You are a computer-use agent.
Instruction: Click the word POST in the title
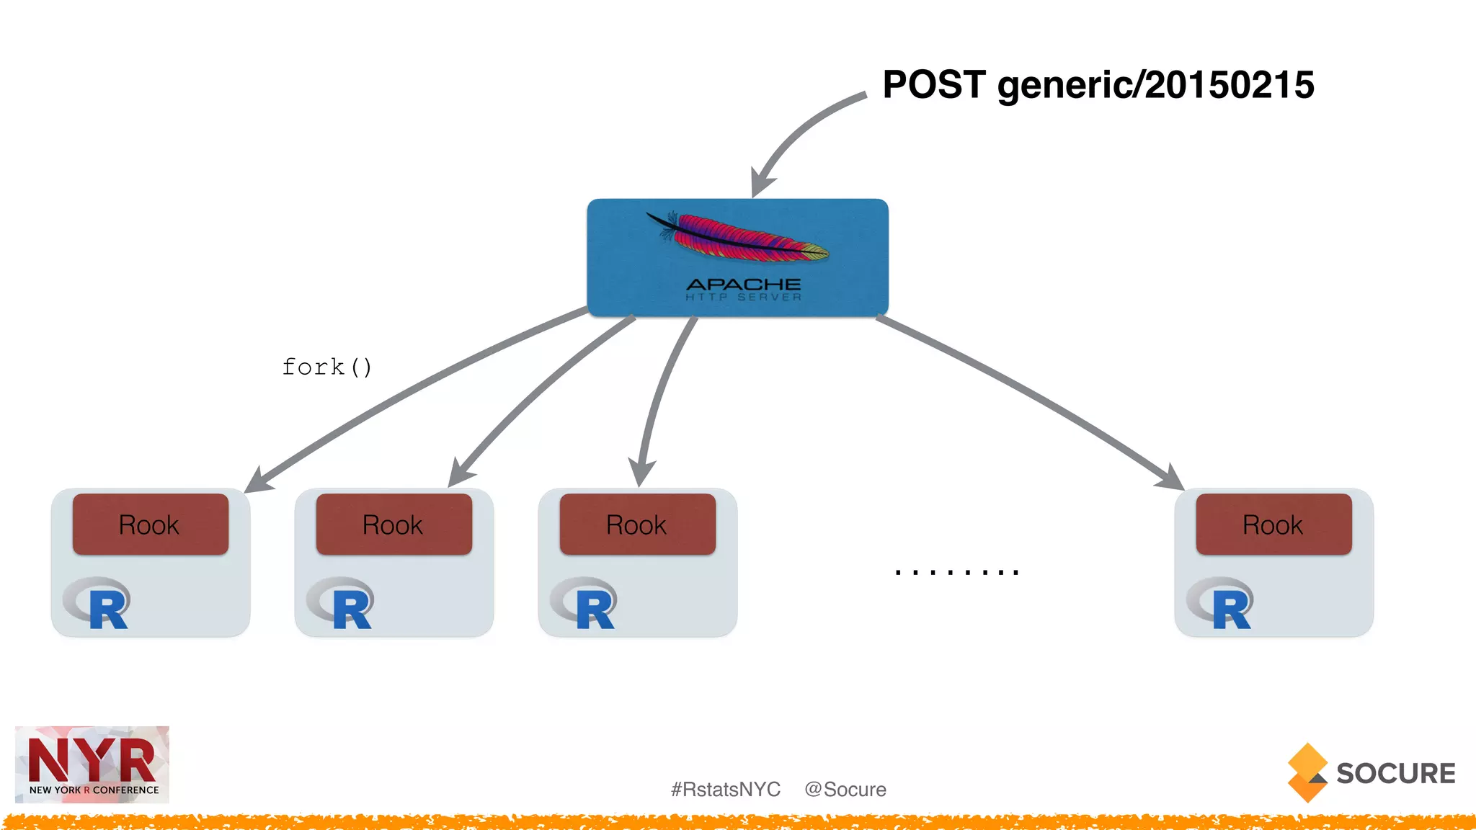click(934, 85)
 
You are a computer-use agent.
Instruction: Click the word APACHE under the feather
click(743, 285)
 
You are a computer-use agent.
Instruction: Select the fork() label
click(326, 367)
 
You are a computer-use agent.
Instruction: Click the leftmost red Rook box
click(150, 525)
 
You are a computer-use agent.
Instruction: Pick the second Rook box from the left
click(394, 525)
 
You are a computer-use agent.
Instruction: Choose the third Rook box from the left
click(637, 525)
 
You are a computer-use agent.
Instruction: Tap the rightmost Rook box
click(1273, 525)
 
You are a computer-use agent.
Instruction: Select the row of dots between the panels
click(956, 572)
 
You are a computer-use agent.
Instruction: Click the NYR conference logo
click(92, 764)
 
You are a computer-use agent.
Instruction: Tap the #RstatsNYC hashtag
click(725, 790)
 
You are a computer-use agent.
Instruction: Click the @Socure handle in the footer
click(845, 790)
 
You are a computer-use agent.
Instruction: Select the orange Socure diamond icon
click(1307, 772)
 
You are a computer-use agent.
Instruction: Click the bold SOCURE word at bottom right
click(1395, 773)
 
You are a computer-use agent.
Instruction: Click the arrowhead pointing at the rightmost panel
click(1172, 479)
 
